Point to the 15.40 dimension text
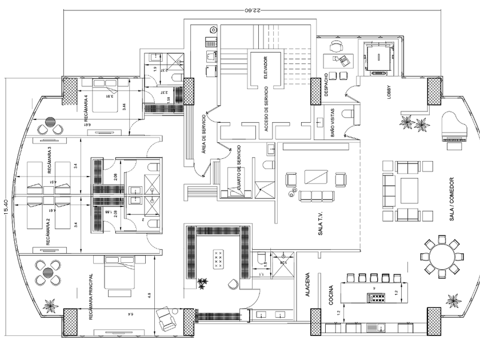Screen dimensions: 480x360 6,209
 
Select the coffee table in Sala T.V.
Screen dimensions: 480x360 316,177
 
